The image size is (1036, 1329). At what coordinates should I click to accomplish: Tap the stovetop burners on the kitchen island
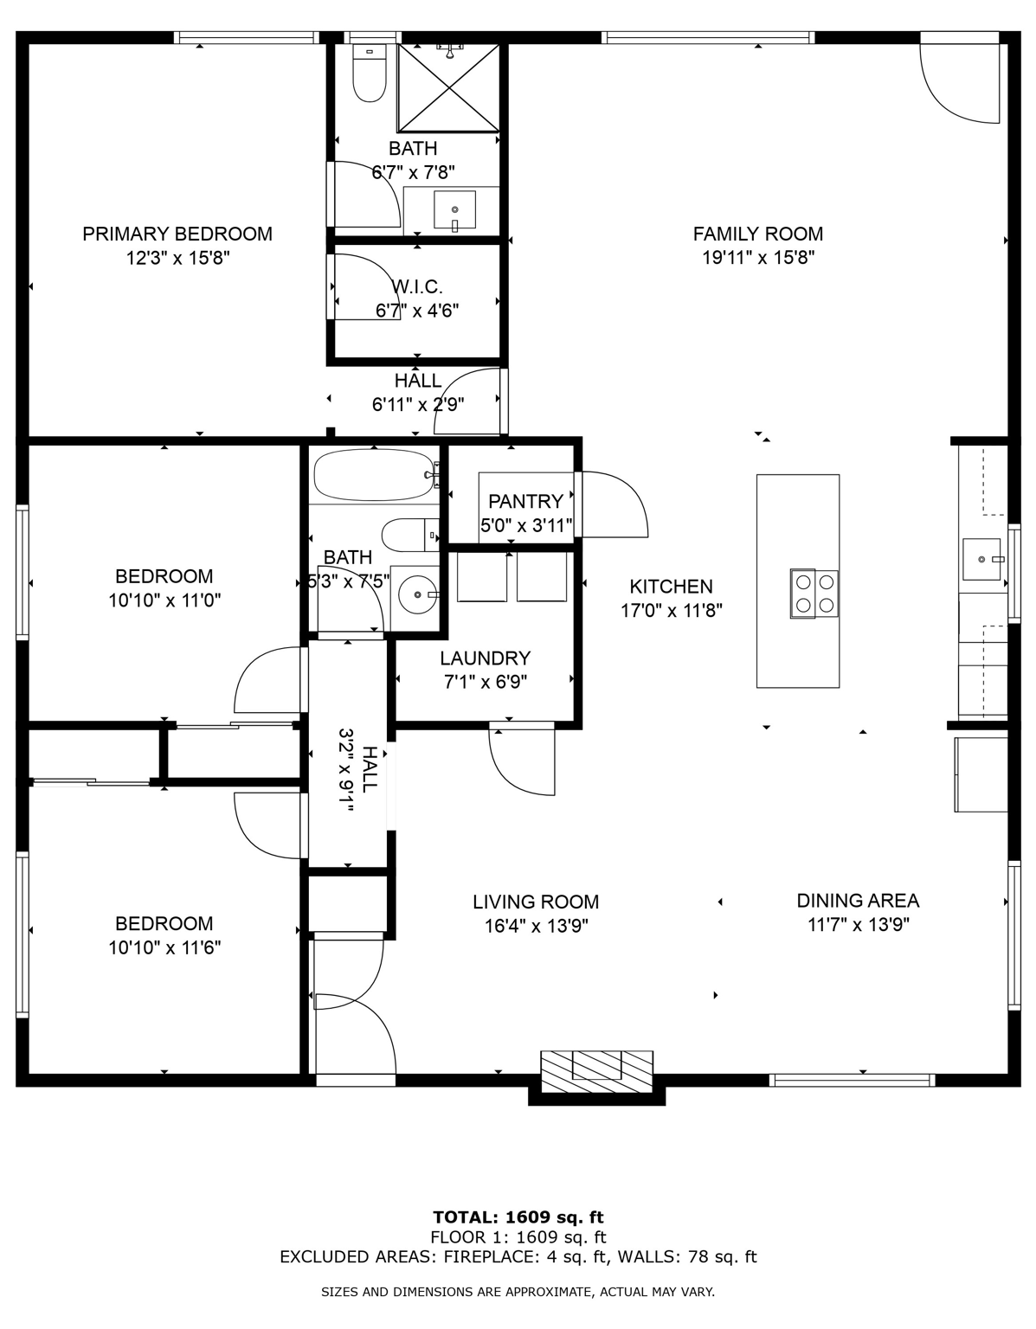[814, 594]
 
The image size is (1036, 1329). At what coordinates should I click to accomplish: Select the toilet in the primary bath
[370, 74]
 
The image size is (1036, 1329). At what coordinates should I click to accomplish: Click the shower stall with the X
[448, 87]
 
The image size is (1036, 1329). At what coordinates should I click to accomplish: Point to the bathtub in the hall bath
[374, 475]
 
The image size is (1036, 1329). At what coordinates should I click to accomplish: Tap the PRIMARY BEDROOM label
[177, 234]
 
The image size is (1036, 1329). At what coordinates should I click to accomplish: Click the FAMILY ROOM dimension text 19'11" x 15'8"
[758, 257]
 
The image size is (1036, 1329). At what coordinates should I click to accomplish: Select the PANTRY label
[525, 501]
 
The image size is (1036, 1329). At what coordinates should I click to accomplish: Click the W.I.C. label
[417, 286]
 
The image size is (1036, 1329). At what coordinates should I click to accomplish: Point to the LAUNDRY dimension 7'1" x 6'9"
[485, 682]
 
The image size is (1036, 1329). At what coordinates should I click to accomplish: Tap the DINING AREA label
[858, 901]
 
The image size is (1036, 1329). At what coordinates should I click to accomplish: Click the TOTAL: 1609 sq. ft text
[518, 1217]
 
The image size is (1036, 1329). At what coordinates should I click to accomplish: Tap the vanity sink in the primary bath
[454, 210]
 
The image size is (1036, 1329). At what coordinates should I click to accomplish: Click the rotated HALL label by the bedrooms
[370, 770]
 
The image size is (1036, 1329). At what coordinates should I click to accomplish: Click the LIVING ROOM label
[536, 902]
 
